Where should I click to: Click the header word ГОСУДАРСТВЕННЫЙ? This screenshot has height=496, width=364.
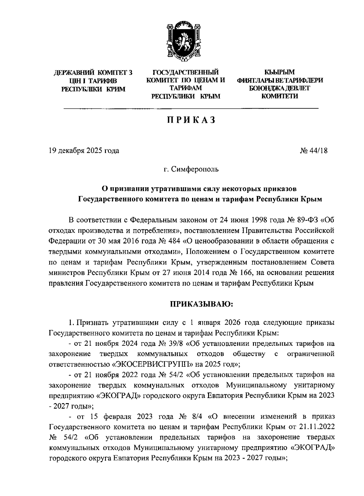186,73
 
